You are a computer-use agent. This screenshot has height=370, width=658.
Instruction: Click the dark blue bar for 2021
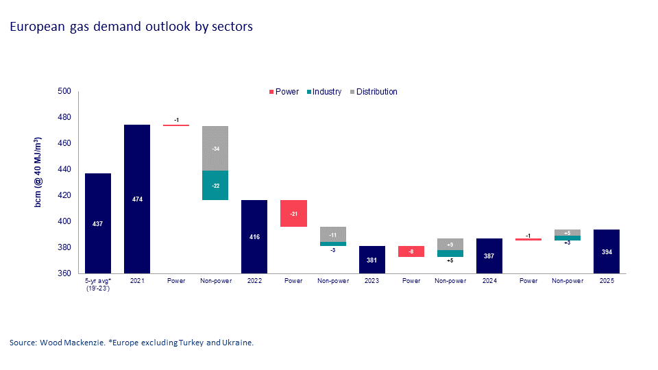137,199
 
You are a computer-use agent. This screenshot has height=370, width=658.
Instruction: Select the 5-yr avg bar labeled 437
97,223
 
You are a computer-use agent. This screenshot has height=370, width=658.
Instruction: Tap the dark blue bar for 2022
254,236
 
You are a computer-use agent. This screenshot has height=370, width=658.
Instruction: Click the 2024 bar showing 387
489,256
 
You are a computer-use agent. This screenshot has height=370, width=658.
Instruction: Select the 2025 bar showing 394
606,251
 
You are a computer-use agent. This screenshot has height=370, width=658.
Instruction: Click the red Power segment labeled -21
293,213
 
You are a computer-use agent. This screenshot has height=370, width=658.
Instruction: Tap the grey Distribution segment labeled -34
215,149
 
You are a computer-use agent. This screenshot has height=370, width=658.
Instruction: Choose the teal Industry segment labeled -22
215,185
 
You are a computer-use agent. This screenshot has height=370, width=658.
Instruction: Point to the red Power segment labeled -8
411,251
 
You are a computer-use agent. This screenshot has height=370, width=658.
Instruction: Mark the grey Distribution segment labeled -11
332,234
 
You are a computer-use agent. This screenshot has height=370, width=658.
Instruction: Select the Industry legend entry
322,92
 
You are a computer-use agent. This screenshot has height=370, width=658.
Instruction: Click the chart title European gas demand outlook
131,27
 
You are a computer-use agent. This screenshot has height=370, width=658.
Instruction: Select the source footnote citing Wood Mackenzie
132,343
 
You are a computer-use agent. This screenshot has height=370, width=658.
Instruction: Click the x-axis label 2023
372,281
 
